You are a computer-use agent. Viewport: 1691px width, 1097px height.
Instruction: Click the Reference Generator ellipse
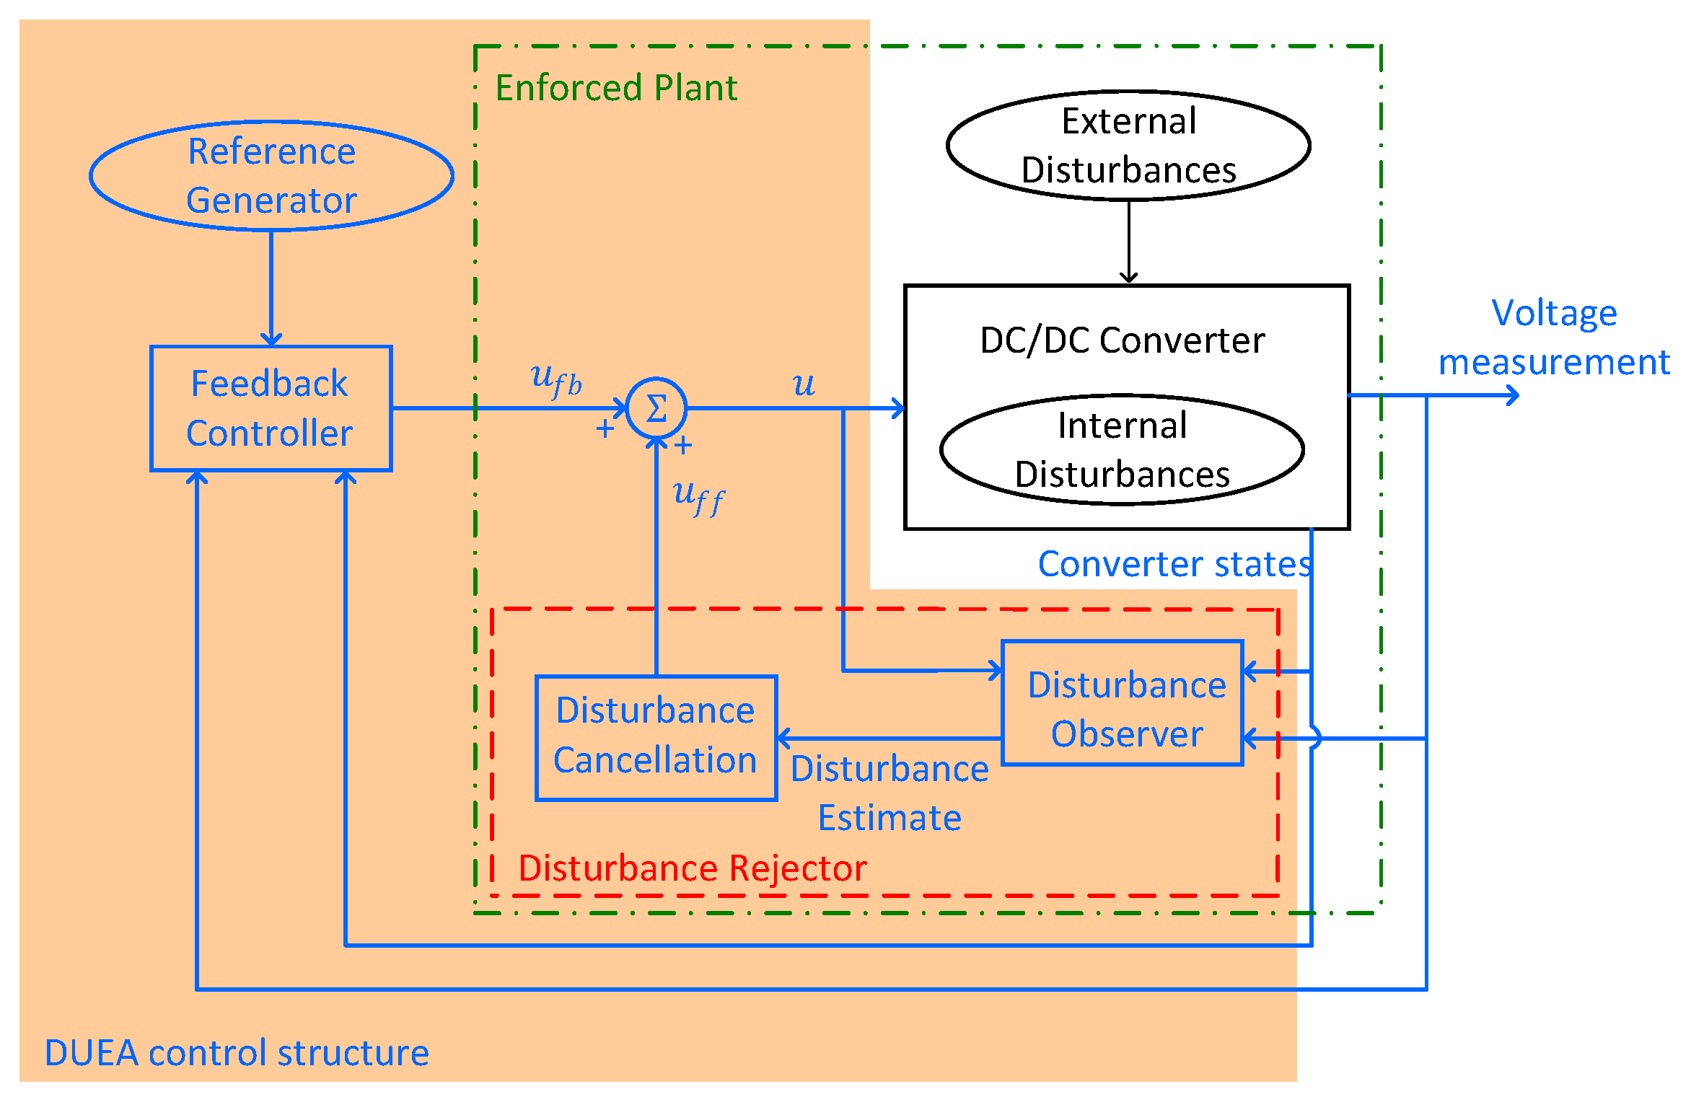(271, 176)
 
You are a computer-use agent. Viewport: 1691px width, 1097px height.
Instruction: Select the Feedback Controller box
(271, 408)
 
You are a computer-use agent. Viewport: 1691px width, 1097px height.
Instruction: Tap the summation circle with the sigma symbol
(656, 408)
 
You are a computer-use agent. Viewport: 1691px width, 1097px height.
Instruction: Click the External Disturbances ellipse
(1128, 146)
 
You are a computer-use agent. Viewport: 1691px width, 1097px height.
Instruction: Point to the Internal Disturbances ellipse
(1122, 449)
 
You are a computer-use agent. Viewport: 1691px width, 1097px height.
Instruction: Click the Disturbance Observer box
(1123, 702)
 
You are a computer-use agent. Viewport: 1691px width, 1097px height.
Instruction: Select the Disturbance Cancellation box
(656, 738)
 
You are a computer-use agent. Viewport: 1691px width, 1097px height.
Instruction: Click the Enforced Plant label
(616, 88)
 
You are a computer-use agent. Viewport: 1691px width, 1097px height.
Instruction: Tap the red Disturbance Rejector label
(692, 868)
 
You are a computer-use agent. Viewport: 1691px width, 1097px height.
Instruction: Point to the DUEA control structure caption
(237, 1052)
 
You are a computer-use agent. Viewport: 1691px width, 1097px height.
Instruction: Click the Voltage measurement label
(1554, 338)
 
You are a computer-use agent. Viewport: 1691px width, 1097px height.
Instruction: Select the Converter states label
(1174, 564)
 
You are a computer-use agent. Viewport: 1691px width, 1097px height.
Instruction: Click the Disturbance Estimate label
(890, 793)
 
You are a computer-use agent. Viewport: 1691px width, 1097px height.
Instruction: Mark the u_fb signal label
(556, 379)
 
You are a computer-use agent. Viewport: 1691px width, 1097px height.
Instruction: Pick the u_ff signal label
(698, 497)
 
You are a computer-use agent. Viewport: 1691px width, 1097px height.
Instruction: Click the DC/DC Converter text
(1123, 340)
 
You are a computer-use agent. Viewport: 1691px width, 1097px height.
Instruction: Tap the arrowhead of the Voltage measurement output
(1513, 395)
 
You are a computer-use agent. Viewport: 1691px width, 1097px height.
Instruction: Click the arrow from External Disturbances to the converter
(1128, 242)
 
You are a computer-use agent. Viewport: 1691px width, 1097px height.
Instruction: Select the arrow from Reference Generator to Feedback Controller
(271, 288)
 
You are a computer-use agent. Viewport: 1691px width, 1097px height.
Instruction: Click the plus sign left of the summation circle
(605, 430)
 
